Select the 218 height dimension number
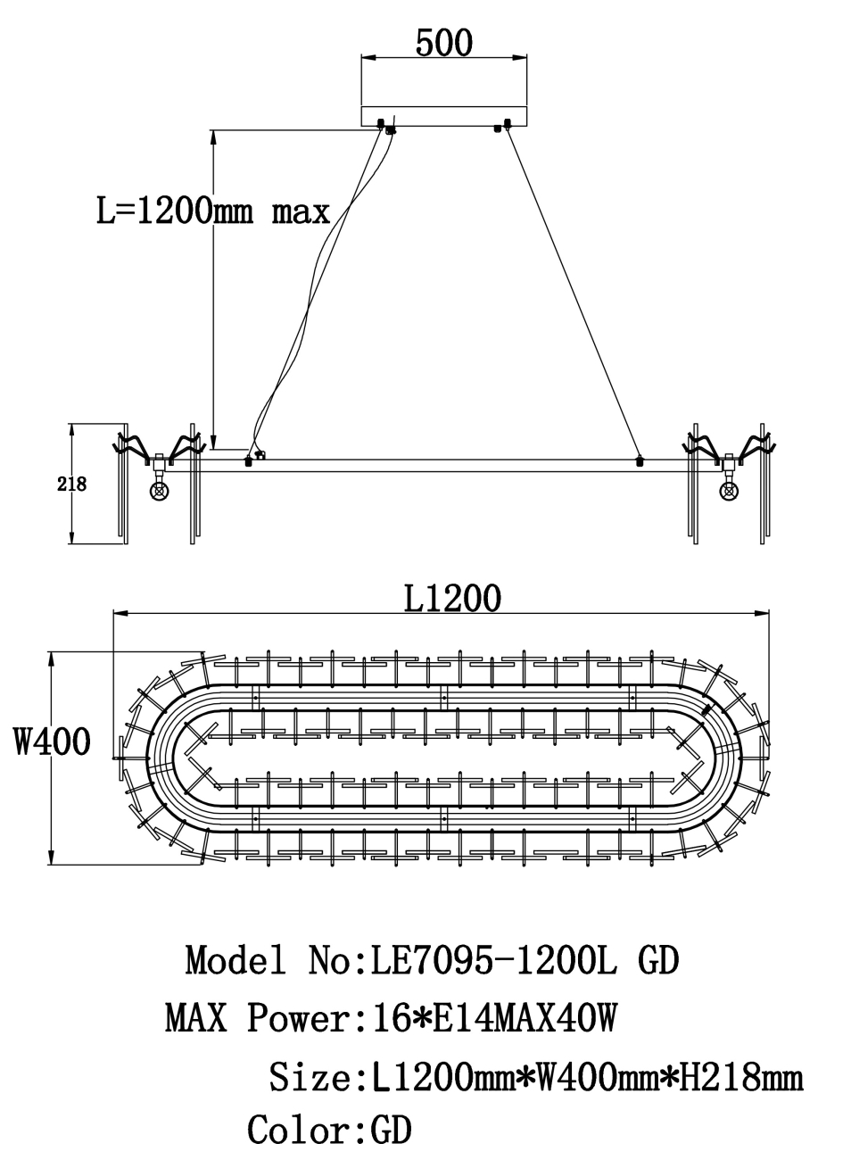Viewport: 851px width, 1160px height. click(x=71, y=485)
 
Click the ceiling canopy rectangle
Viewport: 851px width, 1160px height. click(x=443, y=116)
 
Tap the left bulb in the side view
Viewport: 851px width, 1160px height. click(x=160, y=489)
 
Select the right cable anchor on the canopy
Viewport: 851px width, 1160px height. click(x=503, y=125)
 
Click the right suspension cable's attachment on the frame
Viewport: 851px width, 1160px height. click(x=639, y=461)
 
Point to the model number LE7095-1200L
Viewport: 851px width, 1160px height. click(x=493, y=961)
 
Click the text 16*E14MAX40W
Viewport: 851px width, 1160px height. click(x=487, y=1017)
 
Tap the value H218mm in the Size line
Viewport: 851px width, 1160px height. click(x=740, y=1076)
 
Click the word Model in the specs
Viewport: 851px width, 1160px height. click(x=236, y=961)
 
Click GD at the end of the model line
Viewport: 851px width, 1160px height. click(x=659, y=961)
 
